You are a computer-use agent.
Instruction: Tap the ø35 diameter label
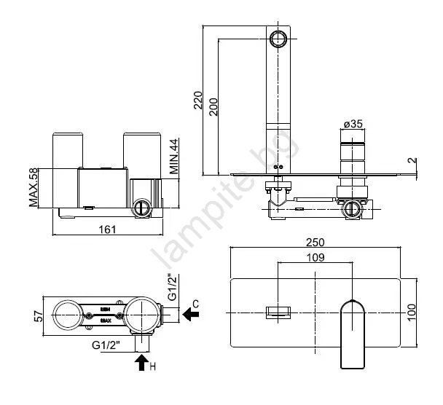point(353,124)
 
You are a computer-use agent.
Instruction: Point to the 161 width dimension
point(108,230)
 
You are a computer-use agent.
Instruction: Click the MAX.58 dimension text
point(34,187)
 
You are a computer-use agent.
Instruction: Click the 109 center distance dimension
point(315,257)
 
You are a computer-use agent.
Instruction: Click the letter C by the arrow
point(195,302)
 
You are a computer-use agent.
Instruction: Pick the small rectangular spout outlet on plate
point(278,311)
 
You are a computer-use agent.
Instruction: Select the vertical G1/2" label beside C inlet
point(172,288)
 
